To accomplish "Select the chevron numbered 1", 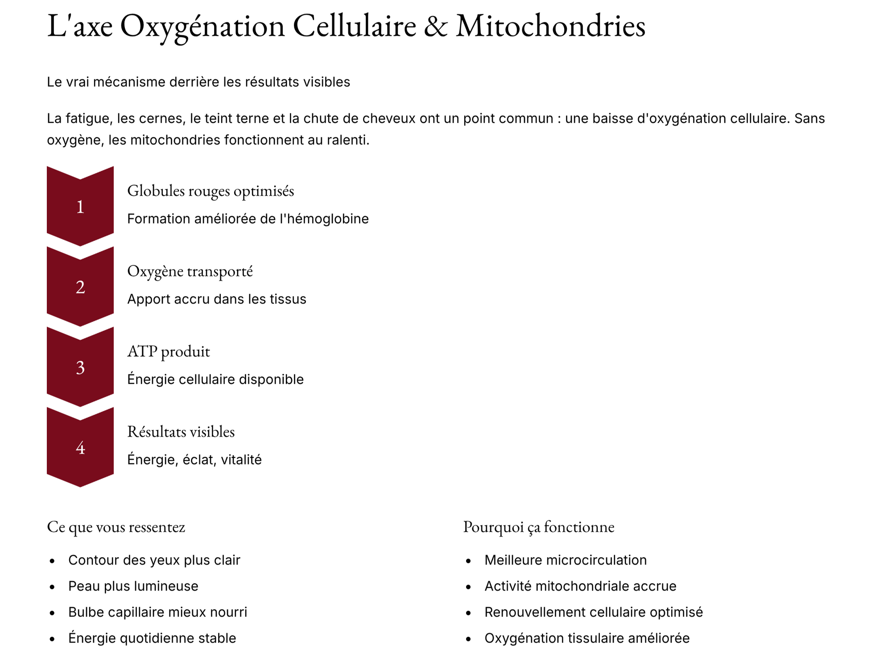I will tap(80, 207).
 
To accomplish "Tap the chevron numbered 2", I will tap(80, 287).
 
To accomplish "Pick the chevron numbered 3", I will tap(80, 367).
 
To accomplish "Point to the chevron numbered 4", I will tap(80, 447).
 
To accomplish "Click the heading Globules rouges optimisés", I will tap(211, 191).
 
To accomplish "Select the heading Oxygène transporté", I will tap(190, 271).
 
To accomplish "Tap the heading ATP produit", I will tap(169, 351).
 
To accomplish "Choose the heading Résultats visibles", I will tap(181, 432).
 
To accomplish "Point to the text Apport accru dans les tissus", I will tap(217, 299).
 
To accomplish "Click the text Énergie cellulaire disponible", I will tap(215, 380).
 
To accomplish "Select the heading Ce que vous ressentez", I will tap(116, 527).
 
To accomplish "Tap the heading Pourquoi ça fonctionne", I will tap(539, 527).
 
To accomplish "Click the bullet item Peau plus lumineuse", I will tap(133, 586).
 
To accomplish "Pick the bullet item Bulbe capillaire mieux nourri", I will tap(157, 612).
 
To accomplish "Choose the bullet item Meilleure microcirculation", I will tap(566, 560).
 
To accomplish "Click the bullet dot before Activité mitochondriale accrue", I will tap(468, 587).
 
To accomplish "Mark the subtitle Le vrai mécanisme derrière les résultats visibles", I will tap(198, 82).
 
